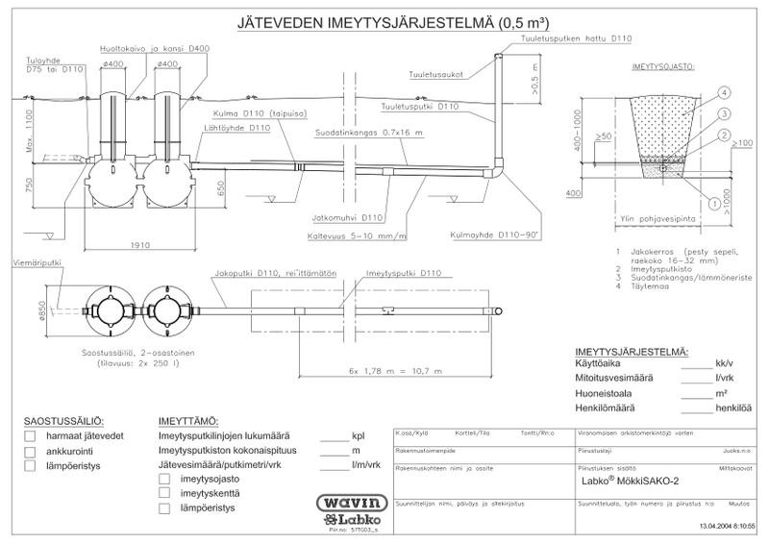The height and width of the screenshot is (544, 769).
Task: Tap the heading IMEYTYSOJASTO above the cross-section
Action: click(x=663, y=70)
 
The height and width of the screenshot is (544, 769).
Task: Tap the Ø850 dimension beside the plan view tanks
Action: click(x=42, y=309)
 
